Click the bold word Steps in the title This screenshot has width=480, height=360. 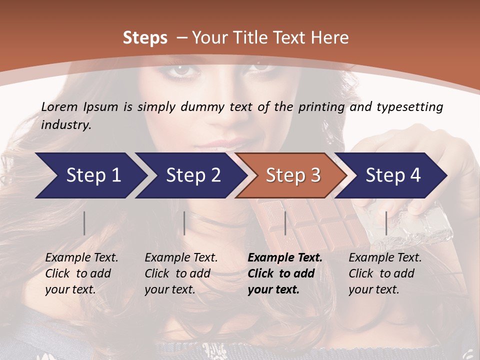tap(145, 37)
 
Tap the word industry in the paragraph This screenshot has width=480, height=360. tap(65, 125)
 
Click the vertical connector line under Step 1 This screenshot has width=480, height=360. tap(84, 223)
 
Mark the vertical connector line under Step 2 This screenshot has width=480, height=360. tap(184, 223)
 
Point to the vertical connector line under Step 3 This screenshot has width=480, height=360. tap(285, 223)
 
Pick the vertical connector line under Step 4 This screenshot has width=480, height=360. tap(386, 223)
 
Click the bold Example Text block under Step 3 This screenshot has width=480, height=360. tap(285, 273)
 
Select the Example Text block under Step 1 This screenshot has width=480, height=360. tap(81, 273)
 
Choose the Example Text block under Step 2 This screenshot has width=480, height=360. tap(181, 273)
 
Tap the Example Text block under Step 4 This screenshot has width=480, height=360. tap(385, 273)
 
